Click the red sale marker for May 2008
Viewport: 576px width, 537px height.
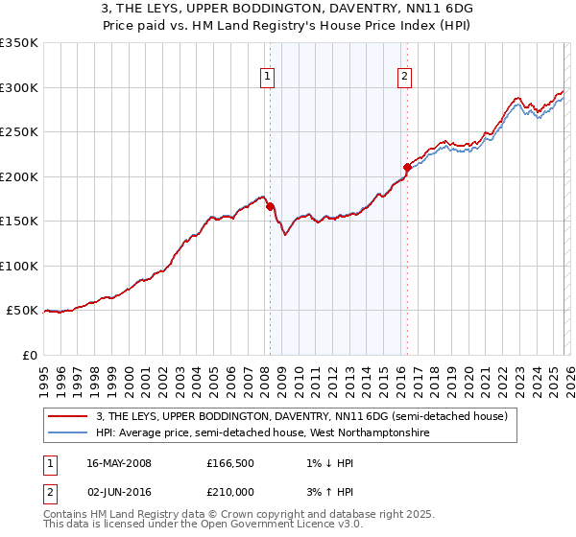click(x=270, y=206)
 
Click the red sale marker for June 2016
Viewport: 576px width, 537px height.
click(x=407, y=167)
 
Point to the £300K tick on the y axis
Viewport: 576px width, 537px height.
click(x=19, y=87)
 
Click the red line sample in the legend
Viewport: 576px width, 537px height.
click(x=69, y=416)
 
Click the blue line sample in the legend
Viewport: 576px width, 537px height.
click(x=69, y=433)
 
